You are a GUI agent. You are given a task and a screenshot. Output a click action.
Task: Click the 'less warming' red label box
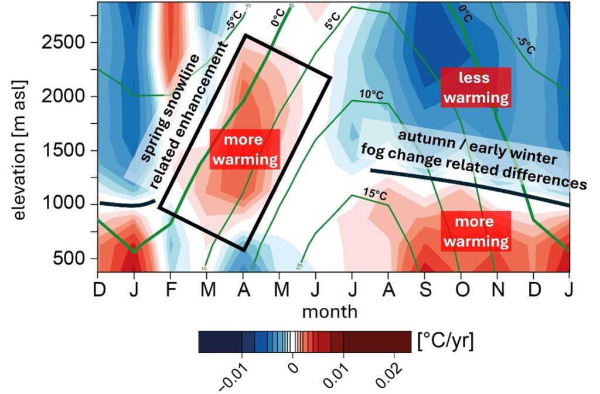point(475,87)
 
